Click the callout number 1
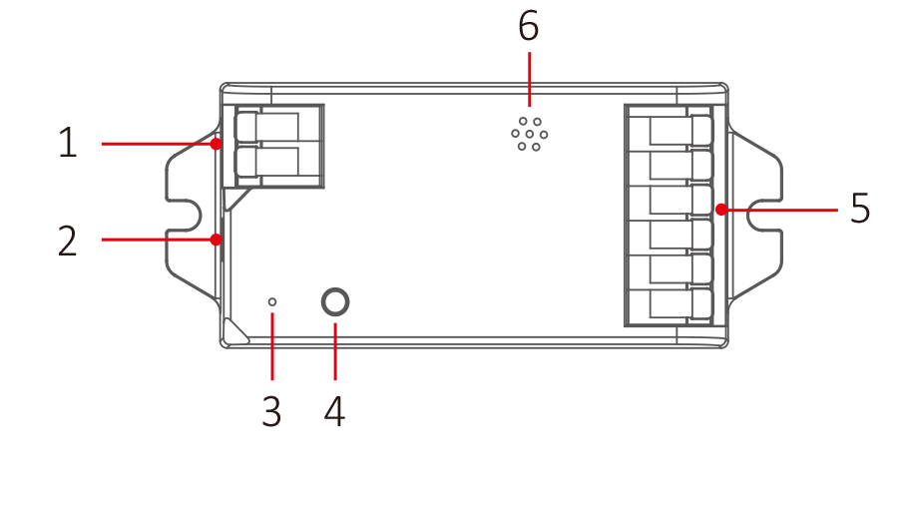tap(67, 143)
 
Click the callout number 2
tap(67, 241)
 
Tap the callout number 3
tap(271, 411)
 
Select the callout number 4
tap(334, 411)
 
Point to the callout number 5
tap(860, 210)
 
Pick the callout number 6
tap(529, 27)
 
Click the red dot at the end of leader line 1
tap(217, 144)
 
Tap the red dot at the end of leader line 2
tap(217, 240)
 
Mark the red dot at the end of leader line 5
tap(719, 210)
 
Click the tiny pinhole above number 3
tap(271, 300)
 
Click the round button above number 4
tap(335, 302)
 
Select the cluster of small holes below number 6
tap(530, 134)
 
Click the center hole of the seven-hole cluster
tap(530, 134)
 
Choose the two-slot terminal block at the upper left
tap(278, 145)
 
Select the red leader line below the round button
tap(335, 350)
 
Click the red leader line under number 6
tap(529, 78)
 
